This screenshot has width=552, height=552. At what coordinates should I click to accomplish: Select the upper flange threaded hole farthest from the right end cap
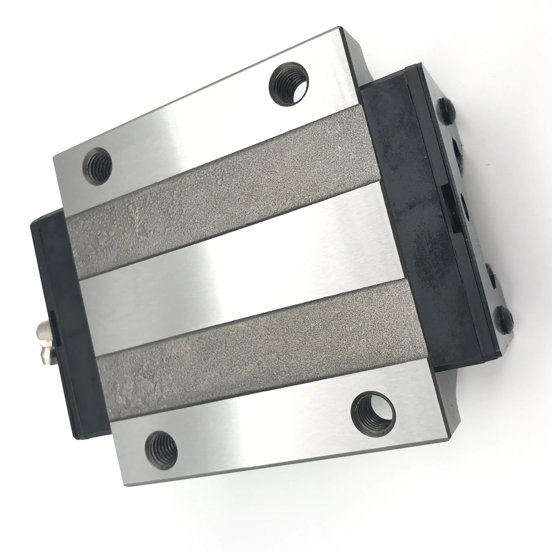pos(97,166)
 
